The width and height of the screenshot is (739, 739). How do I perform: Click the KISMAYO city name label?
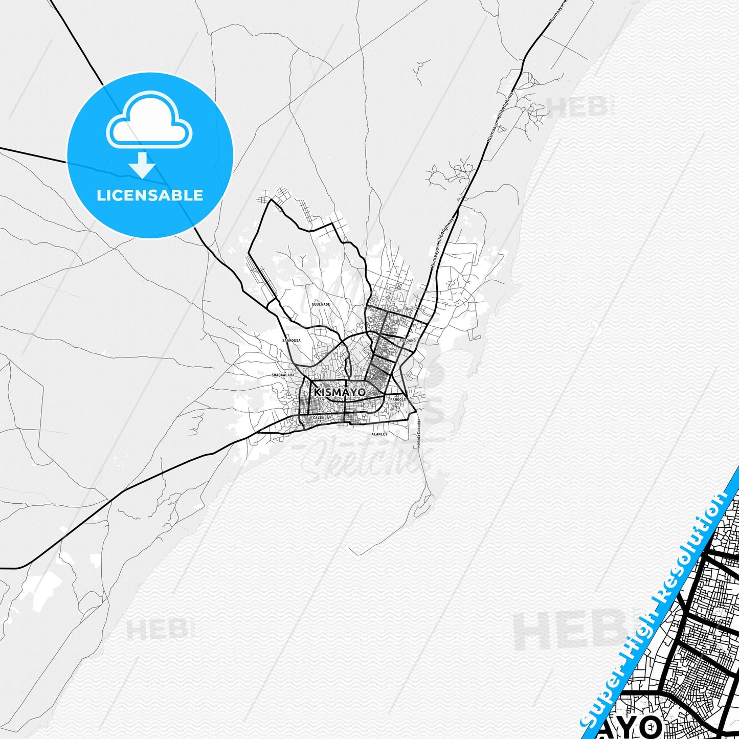(340, 392)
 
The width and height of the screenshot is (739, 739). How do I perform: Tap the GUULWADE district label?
(321, 304)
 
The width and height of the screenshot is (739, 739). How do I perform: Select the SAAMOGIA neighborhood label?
(292, 340)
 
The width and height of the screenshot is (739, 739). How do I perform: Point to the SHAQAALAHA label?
(283, 375)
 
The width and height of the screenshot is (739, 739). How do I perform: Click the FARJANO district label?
(408, 340)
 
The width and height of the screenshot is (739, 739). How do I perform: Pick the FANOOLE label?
(398, 399)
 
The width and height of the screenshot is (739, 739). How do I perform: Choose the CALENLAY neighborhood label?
(322, 418)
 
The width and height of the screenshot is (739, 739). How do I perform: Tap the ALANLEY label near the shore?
(379, 434)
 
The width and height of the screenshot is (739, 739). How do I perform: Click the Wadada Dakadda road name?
(418, 434)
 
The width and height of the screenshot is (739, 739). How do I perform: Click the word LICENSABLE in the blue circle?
(150, 195)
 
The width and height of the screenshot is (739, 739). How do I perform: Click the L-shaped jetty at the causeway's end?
(356, 551)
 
